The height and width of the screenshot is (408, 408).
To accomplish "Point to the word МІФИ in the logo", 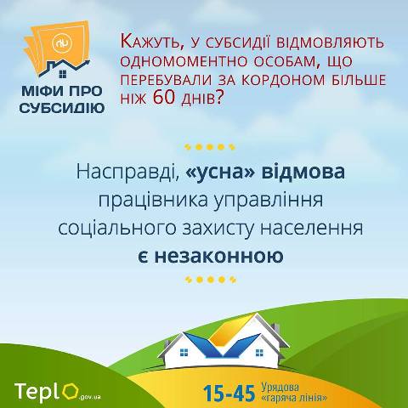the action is (x=42, y=92).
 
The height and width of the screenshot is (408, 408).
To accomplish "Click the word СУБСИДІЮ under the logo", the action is (x=62, y=108).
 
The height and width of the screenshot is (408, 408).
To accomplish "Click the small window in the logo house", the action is (x=63, y=74).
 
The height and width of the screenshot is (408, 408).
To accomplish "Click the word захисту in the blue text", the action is (x=218, y=229).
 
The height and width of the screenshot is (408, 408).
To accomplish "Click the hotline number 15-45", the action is (x=229, y=393).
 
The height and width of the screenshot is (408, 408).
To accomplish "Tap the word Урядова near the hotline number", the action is (x=280, y=388).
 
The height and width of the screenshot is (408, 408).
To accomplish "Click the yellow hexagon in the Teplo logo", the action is (x=70, y=392).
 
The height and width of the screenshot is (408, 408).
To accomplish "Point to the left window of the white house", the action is (x=184, y=353).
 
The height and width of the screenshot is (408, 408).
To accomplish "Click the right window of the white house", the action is (x=259, y=353).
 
